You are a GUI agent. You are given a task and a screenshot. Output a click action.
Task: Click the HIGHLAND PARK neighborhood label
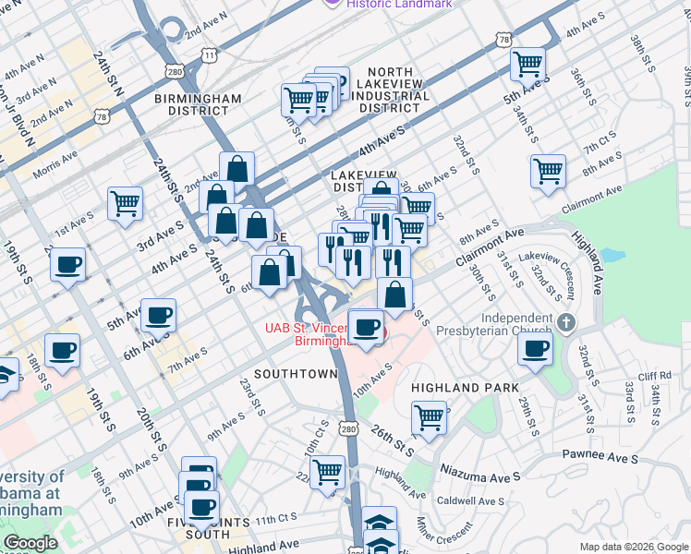tap(466, 388)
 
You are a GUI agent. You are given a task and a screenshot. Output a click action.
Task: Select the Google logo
tap(30, 544)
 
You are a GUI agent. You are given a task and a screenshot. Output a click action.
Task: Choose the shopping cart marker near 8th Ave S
tap(548, 172)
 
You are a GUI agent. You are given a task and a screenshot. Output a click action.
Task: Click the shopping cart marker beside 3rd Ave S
tap(125, 204)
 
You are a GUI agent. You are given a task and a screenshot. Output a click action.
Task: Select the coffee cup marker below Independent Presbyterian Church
tap(534, 348)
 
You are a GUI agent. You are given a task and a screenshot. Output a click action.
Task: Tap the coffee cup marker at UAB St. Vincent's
tap(367, 327)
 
